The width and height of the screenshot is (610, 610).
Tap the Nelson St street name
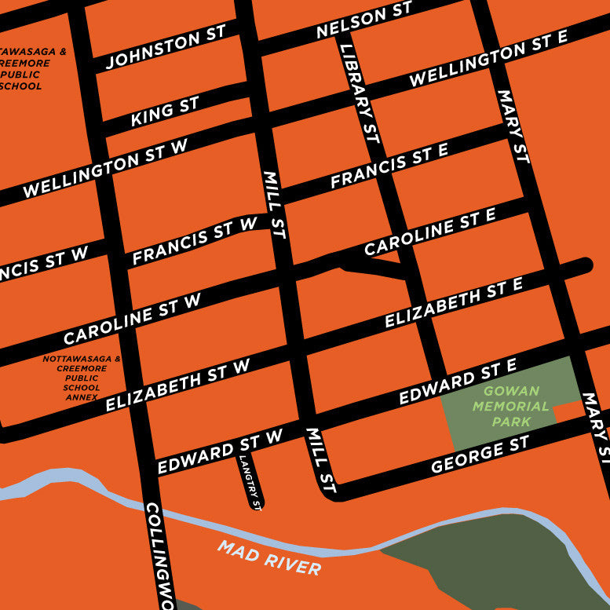363,21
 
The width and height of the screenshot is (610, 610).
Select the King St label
165,111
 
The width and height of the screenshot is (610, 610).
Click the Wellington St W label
106,167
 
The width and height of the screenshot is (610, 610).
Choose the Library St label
360,93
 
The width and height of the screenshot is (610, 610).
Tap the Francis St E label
389,166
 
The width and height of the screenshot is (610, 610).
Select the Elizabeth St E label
453,303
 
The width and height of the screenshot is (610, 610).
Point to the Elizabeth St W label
177,384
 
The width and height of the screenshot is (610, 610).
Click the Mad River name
269,558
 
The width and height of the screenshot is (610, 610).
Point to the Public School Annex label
82,378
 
